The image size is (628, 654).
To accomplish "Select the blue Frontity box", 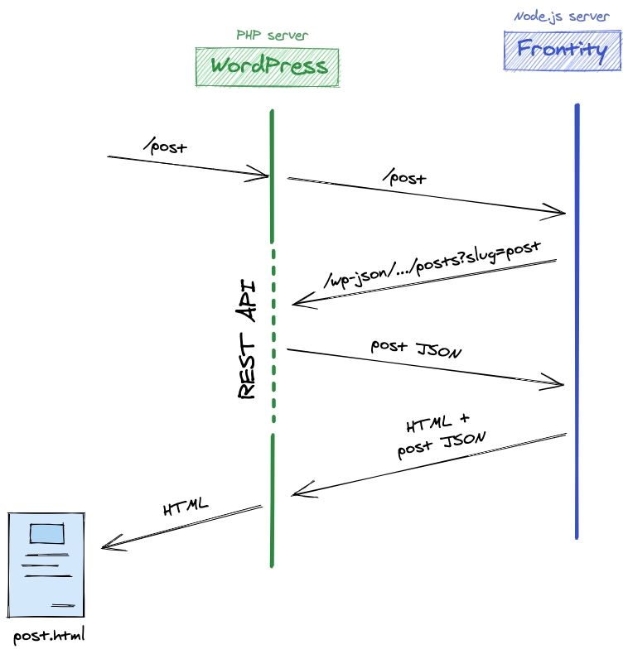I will tap(562, 50).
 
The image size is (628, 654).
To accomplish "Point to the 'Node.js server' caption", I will tap(562, 17).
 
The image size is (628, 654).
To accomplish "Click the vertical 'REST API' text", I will tap(246, 340).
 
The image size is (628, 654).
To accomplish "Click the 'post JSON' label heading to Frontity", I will tap(416, 349).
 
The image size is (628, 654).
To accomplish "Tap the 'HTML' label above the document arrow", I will tap(186, 507).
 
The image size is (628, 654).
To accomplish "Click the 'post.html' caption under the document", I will tap(49, 637).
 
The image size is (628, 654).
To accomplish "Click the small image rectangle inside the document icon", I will tap(46, 533).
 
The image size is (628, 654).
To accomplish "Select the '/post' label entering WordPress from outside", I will tap(165, 147).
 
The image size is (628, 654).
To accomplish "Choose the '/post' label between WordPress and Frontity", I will tap(403, 177).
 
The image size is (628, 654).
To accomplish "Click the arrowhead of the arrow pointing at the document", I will tap(105, 546).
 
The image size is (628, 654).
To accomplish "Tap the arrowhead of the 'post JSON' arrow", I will tap(560, 384).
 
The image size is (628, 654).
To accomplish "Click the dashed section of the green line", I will tap(272, 339).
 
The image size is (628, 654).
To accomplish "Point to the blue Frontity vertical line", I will tap(576, 331).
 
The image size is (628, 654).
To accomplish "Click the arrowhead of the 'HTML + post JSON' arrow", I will tap(297, 495).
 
